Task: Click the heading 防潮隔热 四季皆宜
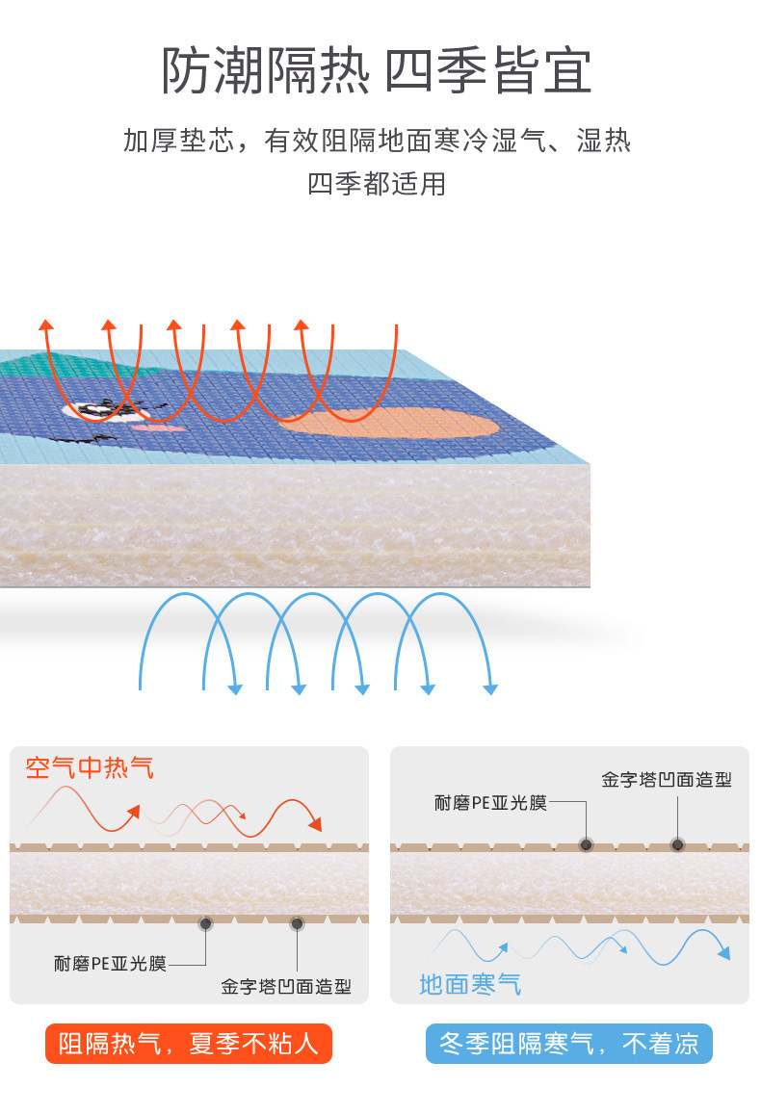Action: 377,70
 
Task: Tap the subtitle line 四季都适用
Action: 377,183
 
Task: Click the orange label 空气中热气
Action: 90,768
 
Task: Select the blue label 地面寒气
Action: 470,984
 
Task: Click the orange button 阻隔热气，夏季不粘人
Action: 188,1044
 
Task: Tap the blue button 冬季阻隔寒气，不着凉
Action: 568,1044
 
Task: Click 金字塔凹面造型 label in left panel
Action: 286,987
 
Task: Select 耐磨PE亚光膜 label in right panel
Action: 490,803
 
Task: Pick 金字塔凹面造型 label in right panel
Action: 667,780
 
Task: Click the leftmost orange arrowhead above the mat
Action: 45,324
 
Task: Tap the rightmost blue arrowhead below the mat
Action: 490,687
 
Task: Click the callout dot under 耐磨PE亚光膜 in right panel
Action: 586,845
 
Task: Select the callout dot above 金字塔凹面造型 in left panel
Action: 297,924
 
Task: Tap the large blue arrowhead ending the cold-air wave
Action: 722,952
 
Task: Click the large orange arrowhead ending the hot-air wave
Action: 313,825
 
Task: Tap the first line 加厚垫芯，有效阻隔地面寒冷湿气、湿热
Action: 377,142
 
